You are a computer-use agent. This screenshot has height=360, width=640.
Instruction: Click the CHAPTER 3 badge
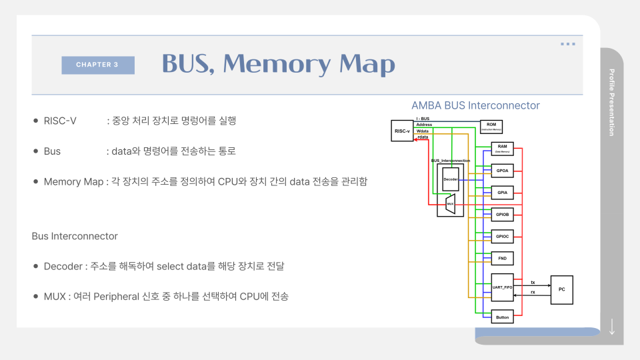[97, 65]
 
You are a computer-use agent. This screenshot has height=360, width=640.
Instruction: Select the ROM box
[491, 127]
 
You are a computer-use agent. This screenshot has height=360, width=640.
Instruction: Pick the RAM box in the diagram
[502, 149]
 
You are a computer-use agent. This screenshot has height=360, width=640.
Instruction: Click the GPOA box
[502, 171]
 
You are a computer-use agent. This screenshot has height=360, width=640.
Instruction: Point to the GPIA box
[502, 193]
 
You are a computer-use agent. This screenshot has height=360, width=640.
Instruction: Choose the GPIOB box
[502, 215]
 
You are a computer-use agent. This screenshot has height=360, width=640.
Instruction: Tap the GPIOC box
[502, 236]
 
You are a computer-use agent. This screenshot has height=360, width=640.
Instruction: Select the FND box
[502, 257]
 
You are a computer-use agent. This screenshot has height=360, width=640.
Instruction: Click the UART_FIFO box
[502, 287]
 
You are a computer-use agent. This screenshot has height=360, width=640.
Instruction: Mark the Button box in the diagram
[502, 317]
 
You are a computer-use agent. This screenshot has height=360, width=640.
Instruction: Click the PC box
[561, 290]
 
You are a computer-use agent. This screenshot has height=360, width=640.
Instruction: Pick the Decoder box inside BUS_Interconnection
[451, 179]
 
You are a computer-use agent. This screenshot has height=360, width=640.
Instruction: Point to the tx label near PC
[532, 283]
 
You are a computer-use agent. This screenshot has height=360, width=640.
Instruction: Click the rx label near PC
[532, 293]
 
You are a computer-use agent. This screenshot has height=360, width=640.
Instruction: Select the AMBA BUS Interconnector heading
[475, 105]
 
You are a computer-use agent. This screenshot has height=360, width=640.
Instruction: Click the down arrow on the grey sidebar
[612, 327]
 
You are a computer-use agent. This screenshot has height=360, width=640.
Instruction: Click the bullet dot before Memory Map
[36, 181]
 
